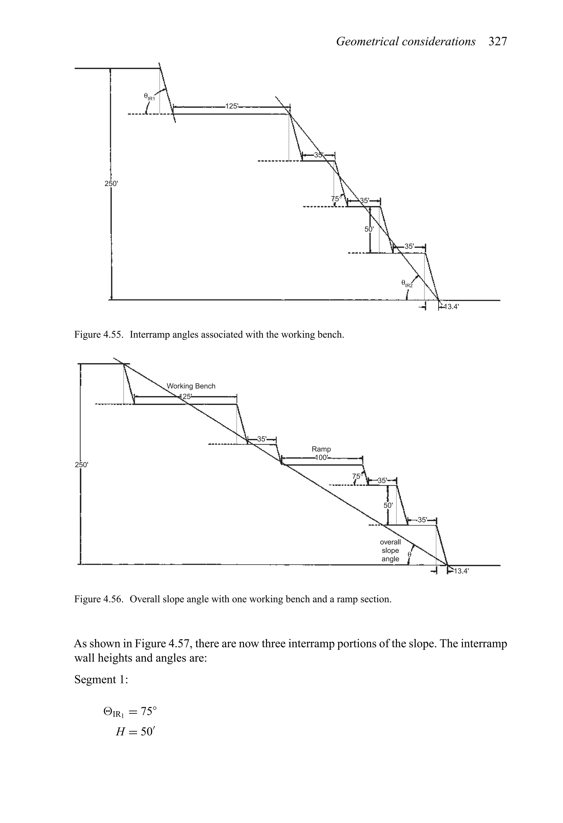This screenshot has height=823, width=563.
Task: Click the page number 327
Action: pyautogui.click(x=498, y=42)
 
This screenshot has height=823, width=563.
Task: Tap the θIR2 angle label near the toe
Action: pyautogui.click(x=407, y=283)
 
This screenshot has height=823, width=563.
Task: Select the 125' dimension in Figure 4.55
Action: pyautogui.click(x=232, y=106)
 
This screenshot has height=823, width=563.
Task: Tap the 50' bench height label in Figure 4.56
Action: pyautogui.click(x=388, y=506)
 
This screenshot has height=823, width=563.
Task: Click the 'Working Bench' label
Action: pyautogui.click(x=191, y=386)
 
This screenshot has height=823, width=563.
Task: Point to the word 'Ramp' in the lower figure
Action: pyautogui.click(x=321, y=449)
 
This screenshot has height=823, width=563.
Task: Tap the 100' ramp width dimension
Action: pyautogui.click(x=322, y=458)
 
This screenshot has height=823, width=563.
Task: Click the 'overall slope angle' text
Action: pyautogui.click(x=390, y=551)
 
